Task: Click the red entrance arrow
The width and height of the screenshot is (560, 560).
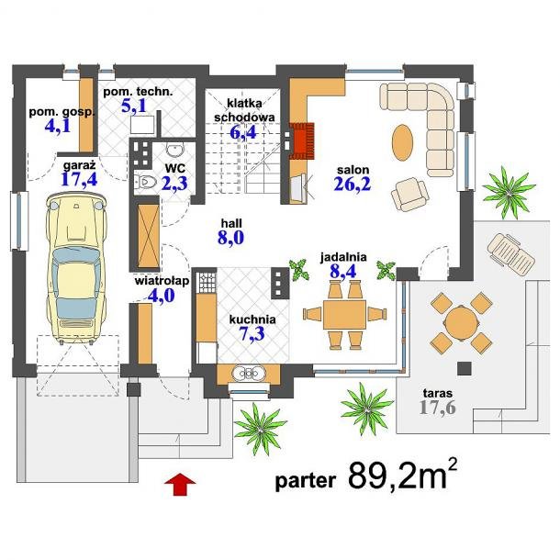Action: pyautogui.click(x=180, y=485)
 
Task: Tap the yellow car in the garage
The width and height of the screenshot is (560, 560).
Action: pyautogui.click(x=76, y=268)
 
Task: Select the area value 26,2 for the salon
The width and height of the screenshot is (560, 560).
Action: pyautogui.click(x=353, y=184)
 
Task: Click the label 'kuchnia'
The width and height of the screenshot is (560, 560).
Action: pyautogui.click(x=252, y=319)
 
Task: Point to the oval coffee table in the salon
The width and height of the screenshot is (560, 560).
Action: pyautogui.click(x=402, y=142)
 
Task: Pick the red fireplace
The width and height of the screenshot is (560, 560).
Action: pyautogui.click(x=302, y=140)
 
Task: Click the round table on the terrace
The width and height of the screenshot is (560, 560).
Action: pyautogui.click(x=461, y=323)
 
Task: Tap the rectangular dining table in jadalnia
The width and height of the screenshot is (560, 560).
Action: pyautogui.click(x=344, y=315)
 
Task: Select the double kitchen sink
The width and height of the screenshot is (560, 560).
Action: pyautogui.click(x=249, y=374)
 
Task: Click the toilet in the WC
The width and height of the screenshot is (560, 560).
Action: pyautogui.click(x=145, y=182)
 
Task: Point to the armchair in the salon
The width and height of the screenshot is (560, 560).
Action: pyautogui.click(x=410, y=195)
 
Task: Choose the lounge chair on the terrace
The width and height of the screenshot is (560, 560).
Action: pyautogui.click(x=510, y=253)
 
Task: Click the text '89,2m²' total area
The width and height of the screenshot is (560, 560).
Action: pyautogui.click(x=402, y=475)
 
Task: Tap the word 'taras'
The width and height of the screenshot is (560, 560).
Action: pyautogui.click(x=438, y=393)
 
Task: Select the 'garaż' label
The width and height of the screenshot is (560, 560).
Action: pyautogui.click(x=79, y=166)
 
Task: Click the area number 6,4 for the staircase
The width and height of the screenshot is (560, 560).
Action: pyautogui.click(x=243, y=132)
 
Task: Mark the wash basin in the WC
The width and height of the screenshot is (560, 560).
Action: pyautogui.click(x=174, y=150)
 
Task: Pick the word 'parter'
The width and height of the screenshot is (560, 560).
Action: pyautogui.click(x=306, y=481)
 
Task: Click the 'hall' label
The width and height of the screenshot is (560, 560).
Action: pyautogui.click(x=231, y=224)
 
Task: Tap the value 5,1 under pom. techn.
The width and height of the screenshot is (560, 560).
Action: pyautogui.click(x=133, y=106)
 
